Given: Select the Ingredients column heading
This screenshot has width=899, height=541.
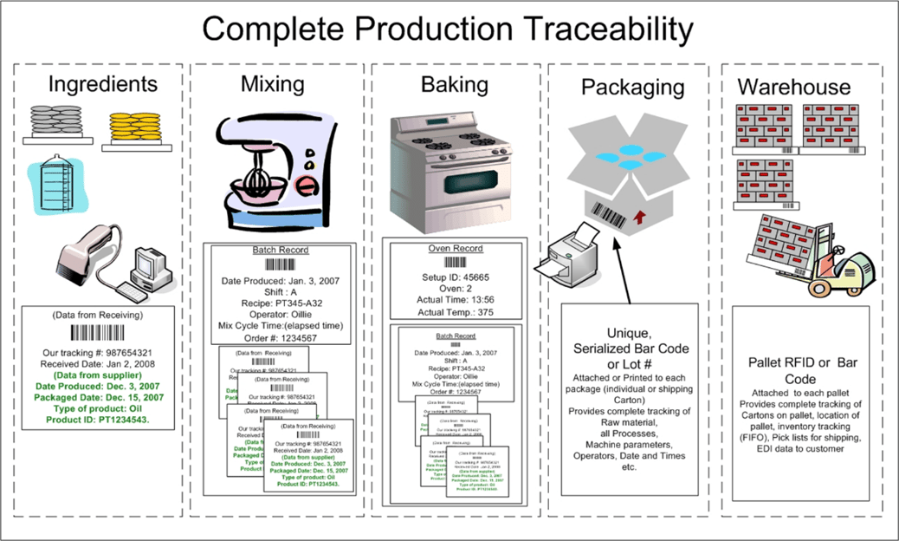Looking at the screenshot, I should pyautogui.click(x=103, y=84).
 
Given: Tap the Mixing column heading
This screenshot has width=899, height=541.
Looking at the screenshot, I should pyautogui.click(x=272, y=84).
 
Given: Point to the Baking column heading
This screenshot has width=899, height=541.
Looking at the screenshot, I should pyautogui.click(x=454, y=85).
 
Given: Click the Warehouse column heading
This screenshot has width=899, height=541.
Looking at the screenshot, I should pyautogui.click(x=793, y=88).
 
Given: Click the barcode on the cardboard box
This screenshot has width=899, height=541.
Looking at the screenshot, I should pyautogui.click(x=613, y=213).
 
